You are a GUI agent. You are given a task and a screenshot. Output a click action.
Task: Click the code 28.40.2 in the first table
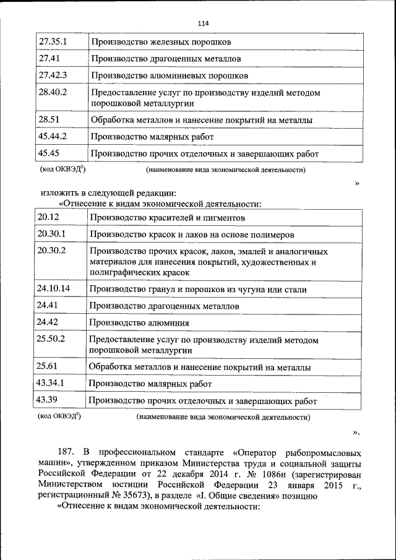pos(52,92)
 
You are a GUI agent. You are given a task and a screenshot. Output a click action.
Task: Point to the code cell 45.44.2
pos(52,136)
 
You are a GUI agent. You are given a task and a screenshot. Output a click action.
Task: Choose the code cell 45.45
pos(48,153)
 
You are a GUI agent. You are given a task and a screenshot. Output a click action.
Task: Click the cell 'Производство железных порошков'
pos(161,43)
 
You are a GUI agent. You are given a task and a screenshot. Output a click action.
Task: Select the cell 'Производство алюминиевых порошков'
pos(169,75)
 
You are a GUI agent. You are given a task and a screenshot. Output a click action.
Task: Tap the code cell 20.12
pos(48,217)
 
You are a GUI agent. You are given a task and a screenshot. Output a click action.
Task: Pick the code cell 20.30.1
pos(51,235)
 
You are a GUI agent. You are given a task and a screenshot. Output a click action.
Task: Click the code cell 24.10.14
pos(53,288)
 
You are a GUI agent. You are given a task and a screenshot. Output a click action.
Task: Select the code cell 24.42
pos(48,322)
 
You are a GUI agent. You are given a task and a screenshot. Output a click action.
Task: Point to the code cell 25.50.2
pos(51,339)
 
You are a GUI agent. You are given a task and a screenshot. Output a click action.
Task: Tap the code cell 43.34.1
pos(51,383)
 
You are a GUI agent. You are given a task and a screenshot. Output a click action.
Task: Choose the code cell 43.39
pos(48,400)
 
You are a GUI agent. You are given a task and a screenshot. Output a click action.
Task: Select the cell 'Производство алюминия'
pos(139,322)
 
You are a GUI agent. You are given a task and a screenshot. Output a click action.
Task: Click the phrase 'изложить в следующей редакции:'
pos(100,192)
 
